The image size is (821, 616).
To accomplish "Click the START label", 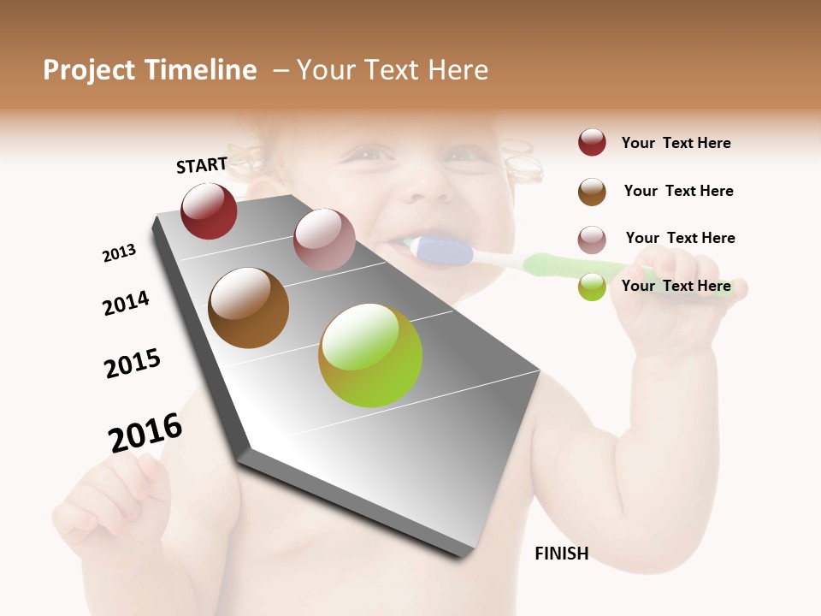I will point(202,165).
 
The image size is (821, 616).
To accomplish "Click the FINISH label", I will point(561,554).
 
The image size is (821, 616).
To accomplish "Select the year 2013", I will point(119,253).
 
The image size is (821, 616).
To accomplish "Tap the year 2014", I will point(126,303).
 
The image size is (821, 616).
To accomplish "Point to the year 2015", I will point(133,364).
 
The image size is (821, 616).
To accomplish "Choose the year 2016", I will point(145,433).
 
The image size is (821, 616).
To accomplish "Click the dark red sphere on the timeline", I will point(209,211).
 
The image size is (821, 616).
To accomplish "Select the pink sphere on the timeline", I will point(324,240).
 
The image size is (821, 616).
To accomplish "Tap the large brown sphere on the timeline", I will point(248,308).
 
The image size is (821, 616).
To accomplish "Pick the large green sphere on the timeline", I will point(370,355).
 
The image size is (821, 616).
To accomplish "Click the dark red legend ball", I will point(592,143).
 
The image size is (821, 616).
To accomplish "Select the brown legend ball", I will point(592,192).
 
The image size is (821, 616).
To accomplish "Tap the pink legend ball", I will point(592,240).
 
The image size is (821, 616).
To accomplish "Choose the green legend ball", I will point(592,287).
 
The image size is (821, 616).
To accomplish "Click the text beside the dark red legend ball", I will point(676,143).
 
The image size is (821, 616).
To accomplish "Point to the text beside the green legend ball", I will point(676,286).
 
